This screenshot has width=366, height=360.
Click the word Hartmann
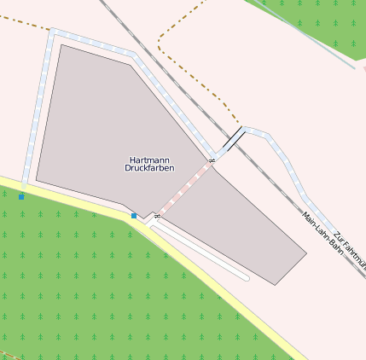[x=149, y=160]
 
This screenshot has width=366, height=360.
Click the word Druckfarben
[x=149, y=169]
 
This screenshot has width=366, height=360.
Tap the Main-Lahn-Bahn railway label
[x=317, y=228]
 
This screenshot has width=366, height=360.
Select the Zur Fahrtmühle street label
[x=351, y=251]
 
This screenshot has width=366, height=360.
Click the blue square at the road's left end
[x=21, y=197]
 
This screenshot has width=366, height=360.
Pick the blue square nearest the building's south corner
[x=134, y=216]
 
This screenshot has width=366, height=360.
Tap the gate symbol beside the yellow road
[x=157, y=217]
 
